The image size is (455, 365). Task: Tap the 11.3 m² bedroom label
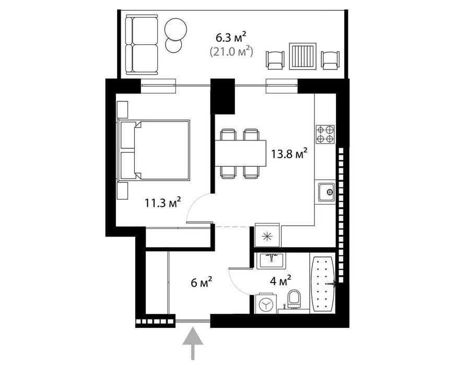(163, 202)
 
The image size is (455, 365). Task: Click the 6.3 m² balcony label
(231, 38)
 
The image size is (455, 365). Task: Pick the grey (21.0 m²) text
(231, 51)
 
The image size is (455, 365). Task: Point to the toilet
(295, 300)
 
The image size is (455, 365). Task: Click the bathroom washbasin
(270, 260)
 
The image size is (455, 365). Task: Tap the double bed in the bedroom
(155, 150)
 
